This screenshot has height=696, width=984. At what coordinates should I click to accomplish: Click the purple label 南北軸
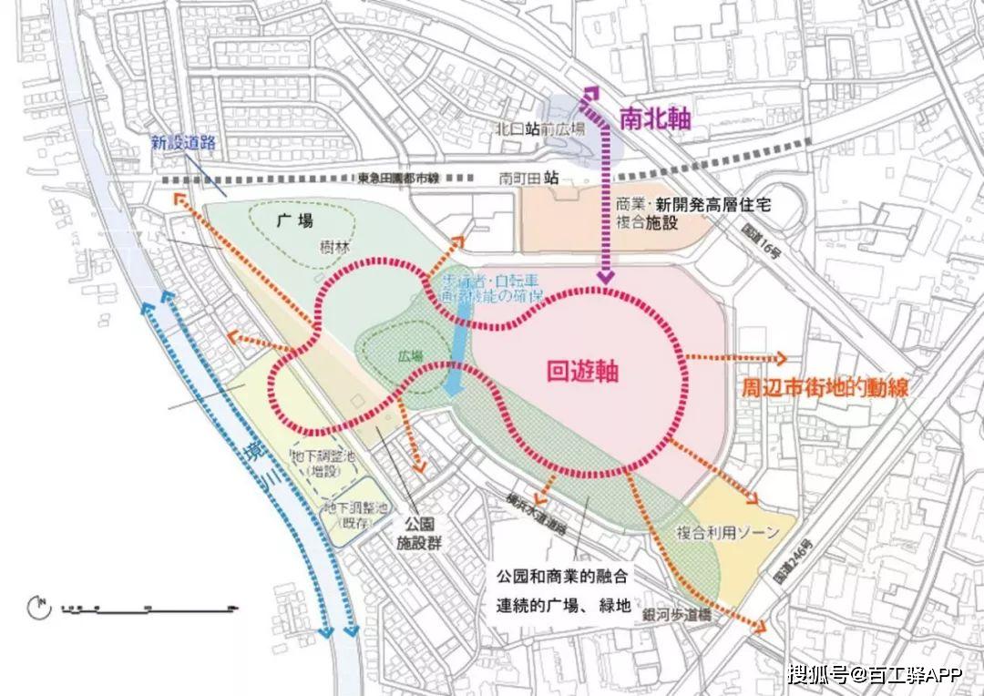pos(655,118)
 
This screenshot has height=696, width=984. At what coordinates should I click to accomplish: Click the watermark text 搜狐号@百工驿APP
pos(875,674)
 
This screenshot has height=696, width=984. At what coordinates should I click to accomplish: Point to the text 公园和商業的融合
pos(562,577)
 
